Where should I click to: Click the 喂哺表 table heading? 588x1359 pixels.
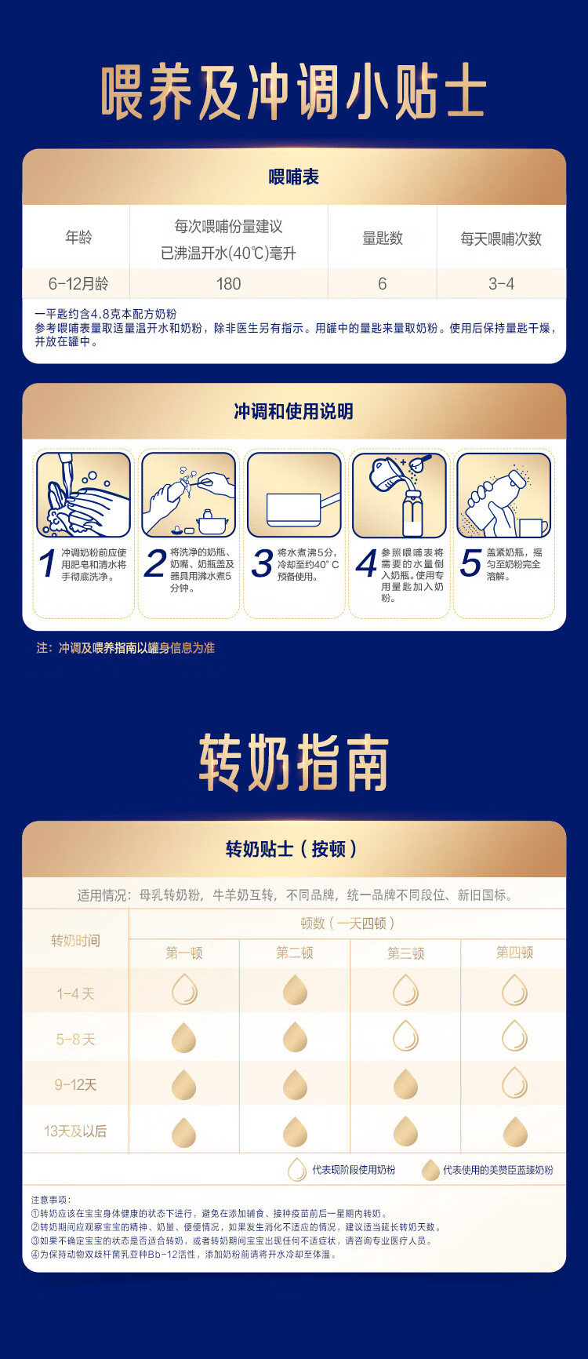click(x=294, y=177)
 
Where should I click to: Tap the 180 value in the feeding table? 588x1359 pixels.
click(x=228, y=284)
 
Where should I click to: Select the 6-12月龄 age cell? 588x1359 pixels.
click(x=78, y=284)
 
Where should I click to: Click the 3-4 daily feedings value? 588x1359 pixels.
click(x=501, y=284)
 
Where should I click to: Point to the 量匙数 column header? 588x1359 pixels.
click(x=382, y=238)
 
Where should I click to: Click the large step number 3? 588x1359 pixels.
click(x=262, y=564)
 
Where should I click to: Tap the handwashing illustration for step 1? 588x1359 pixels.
click(x=83, y=494)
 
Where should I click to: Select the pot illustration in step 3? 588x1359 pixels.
click(x=294, y=494)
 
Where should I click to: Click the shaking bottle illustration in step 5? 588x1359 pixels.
click(x=503, y=494)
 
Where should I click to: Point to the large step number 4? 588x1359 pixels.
click(x=366, y=564)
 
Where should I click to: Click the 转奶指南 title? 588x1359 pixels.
click(x=294, y=763)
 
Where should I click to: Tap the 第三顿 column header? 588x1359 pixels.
click(x=405, y=953)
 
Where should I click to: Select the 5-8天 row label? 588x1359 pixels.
click(x=75, y=1040)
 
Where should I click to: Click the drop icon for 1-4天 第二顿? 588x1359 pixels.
click(x=295, y=990)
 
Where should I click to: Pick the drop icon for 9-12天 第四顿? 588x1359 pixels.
click(x=514, y=1083)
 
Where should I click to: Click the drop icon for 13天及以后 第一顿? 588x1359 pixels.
click(x=183, y=1131)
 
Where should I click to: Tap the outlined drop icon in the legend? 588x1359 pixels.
click(x=297, y=1170)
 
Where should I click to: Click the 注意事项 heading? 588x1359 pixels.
click(x=51, y=1200)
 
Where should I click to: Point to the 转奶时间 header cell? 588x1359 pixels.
click(x=75, y=940)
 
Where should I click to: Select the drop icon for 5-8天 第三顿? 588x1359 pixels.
click(x=405, y=1036)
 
